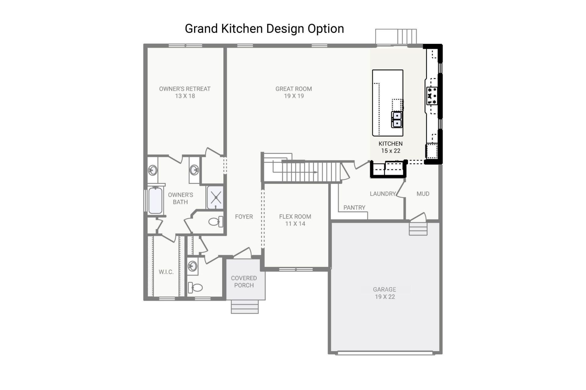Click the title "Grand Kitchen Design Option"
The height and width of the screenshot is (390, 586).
click(x=264, y=29)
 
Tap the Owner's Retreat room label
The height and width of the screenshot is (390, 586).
click(x=185, y=89)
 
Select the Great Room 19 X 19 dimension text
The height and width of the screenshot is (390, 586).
click(x=294, y=96)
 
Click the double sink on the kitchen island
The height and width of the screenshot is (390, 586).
click(x=397, y=119)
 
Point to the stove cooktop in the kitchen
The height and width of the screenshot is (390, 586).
click(x=432, y=96)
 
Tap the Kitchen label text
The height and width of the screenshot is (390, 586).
click(x=390, y=144)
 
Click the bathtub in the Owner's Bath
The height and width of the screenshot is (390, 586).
click(x=155, y=200)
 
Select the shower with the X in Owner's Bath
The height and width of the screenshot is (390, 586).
click(x=215, y=197)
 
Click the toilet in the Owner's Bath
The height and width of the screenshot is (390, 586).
click(x=215, y=222)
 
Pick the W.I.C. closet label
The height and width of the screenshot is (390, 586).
click(x=166, y=272)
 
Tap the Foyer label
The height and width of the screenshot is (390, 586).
click(x=244, y=217)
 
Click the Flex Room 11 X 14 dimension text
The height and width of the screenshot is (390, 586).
click(x=295, y=224)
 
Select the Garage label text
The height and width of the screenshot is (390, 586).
click(x=385, y=289)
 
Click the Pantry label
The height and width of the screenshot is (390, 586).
click(x=354, y=207)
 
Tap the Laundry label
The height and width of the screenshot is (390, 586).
click(x=382, y=194)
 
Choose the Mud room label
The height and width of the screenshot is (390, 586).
click(x=423, y=194)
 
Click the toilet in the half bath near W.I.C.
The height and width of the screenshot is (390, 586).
click(x=196, y=287)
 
